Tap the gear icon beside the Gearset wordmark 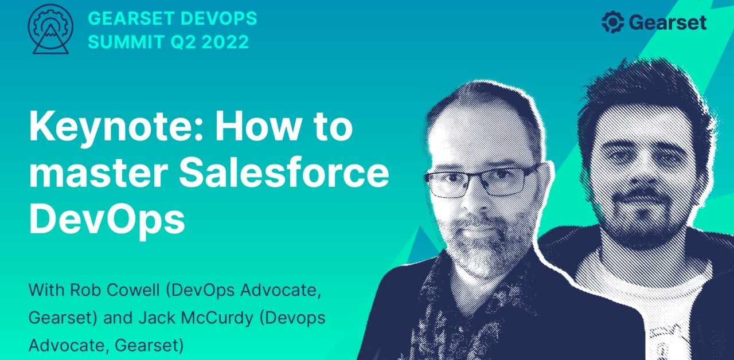[x=612, y=23]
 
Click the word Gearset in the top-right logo [x=667, y=23]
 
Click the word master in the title [x=89, y=173]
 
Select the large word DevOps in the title [x=107, y=218]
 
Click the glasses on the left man [x=482, y=181]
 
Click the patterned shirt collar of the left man [x=453, y=304]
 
